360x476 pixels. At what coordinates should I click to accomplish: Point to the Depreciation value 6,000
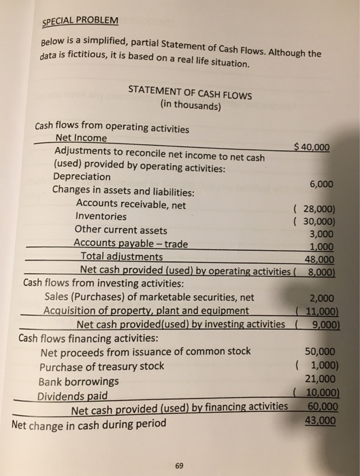click(321, 184)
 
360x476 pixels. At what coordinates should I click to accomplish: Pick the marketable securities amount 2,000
click(321, 297)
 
